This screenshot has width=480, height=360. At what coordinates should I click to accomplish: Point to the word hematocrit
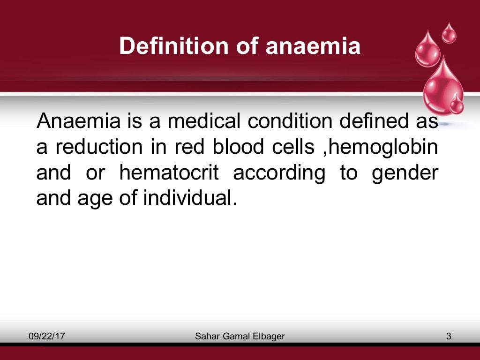click(169, 173)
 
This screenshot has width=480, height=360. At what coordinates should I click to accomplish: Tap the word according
click(279, 173)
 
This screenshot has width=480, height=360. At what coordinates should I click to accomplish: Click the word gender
click(405, 174)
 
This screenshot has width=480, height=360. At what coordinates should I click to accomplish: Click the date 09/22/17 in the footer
click(46, 336)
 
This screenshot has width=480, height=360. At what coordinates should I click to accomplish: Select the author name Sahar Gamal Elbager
click(240, 336)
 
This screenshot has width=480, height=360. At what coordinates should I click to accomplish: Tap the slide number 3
click(449, 336)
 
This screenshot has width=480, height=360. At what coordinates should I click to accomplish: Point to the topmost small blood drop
click(449, 34)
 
